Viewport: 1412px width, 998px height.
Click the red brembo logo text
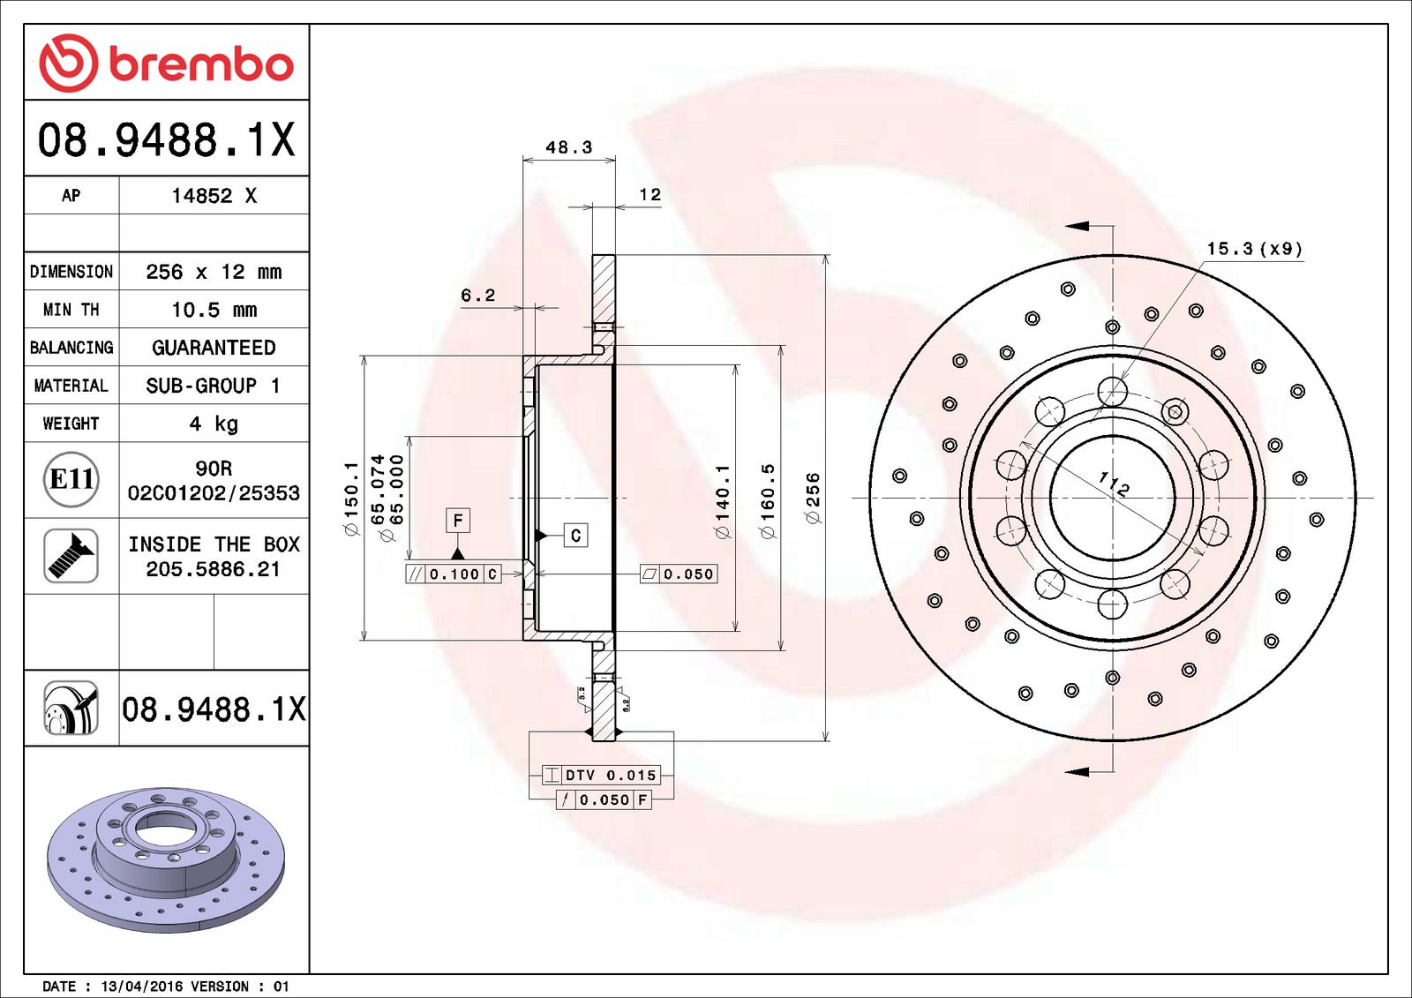[201, 64]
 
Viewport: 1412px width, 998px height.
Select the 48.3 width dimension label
[568, 147]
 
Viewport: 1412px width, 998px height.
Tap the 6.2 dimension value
[477, 296]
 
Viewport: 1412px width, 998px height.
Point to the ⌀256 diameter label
[813, 498]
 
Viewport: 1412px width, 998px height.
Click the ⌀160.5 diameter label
[767, 501]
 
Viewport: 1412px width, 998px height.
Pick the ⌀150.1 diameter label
[351, 499]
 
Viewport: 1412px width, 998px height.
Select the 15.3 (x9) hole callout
[1254, 249]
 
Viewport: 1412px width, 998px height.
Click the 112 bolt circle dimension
[1114, 484]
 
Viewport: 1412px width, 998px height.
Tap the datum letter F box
[457, 521]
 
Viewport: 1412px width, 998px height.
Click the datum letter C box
[575, 535]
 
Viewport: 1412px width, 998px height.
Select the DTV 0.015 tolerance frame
[601, 775]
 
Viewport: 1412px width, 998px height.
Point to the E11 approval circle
[71, 479]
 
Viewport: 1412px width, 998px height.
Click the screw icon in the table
[71, 556]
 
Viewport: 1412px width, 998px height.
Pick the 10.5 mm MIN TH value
[214, 310]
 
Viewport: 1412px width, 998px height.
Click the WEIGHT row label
[71, 424]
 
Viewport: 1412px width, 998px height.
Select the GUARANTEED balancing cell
[214, 348]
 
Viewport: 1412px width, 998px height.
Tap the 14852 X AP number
[214, 196]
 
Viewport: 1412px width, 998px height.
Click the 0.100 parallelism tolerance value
[454, 574]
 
